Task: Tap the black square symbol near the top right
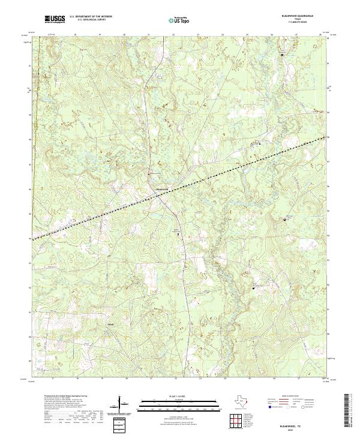click(283, 55)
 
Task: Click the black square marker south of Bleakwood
click(178, 233)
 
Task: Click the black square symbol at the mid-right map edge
click(284, 220)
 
